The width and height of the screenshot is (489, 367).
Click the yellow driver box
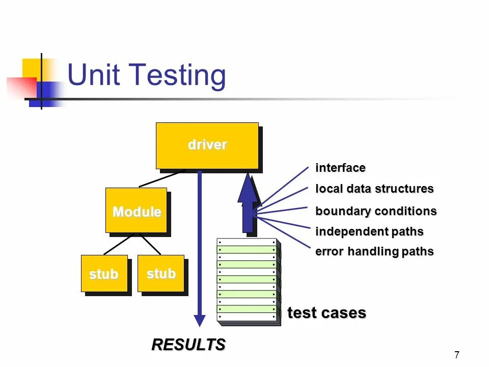[207, 145]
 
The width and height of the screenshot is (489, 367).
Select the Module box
[136, 211]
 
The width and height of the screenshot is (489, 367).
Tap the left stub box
[104, 274]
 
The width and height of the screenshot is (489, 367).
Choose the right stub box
[161, 274]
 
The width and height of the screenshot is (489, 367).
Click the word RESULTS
[188, 345]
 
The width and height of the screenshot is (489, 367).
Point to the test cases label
[327, 312]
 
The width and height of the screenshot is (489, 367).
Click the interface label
[340, 168]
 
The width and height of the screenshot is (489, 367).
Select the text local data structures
[374, 189]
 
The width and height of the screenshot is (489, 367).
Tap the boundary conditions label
[376, 211]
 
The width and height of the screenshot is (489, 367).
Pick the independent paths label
[369, 231]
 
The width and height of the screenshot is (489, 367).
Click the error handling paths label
[374, 251]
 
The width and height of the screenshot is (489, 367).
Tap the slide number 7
[456, 355]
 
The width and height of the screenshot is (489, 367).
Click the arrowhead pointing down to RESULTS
[200, 321]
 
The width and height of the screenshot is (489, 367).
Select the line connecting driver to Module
[162, 178]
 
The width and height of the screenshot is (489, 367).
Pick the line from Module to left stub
[119, 244]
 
